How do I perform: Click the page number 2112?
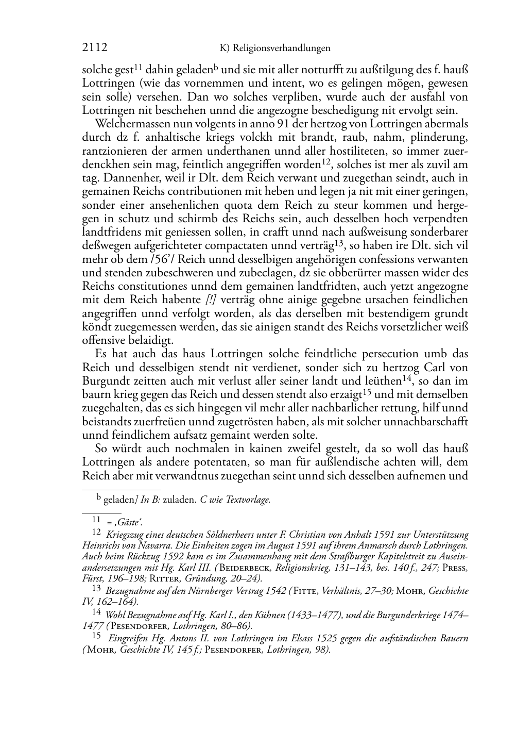tap(95, 48)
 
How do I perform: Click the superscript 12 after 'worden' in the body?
tap(325, 162)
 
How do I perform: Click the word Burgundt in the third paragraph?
tap(106, 381)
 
